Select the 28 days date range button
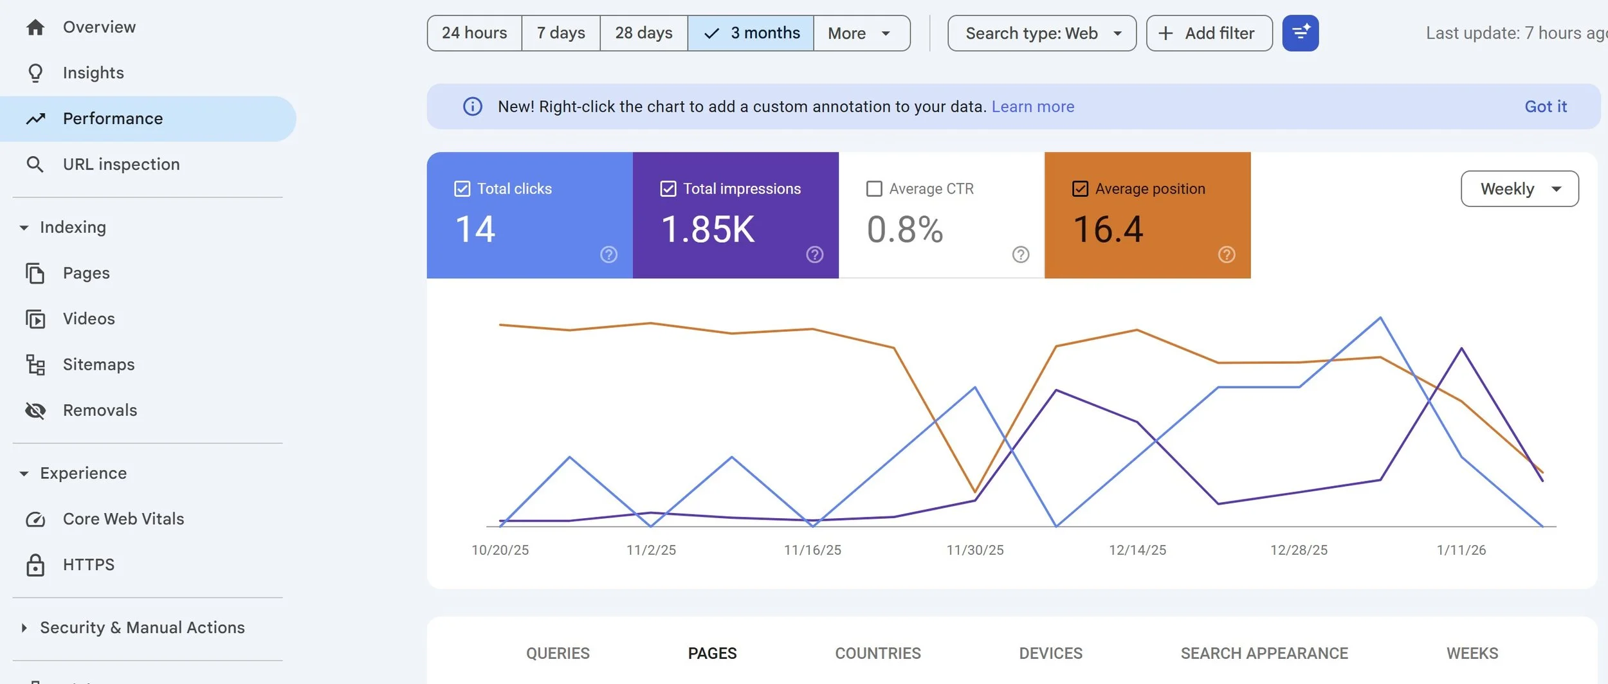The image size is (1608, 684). [x=643, y=33]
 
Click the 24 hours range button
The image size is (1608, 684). [x=474, y=33]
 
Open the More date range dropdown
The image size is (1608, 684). [x=861, y=33]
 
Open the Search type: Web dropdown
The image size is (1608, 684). [x=1041, y=33]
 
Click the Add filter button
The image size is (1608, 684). [x=1209, y=33]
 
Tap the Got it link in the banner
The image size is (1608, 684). [x=1545, y=106]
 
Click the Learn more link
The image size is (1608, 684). [x=1032, y=106]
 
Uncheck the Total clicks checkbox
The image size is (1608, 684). [x=462, y=188]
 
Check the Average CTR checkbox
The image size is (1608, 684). [x=874, y=188]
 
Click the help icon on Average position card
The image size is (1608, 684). [x=1226, y=255]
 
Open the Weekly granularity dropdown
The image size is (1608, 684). [x=1519, y=188]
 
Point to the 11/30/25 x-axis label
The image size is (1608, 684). [x=974, y=550]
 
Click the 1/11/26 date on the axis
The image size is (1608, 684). [x=1461, y=550]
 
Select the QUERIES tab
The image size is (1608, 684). [x=558, y=653]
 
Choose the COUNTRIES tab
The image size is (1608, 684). [x=877, y=653]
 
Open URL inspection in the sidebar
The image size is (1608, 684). [x=121, y=164]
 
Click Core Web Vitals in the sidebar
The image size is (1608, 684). [x=123, y=519]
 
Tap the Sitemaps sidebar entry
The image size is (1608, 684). [x=98, y=364]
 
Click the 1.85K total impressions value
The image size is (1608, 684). [x=708, y=230]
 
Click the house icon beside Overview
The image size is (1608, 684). [x=35, y=27]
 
